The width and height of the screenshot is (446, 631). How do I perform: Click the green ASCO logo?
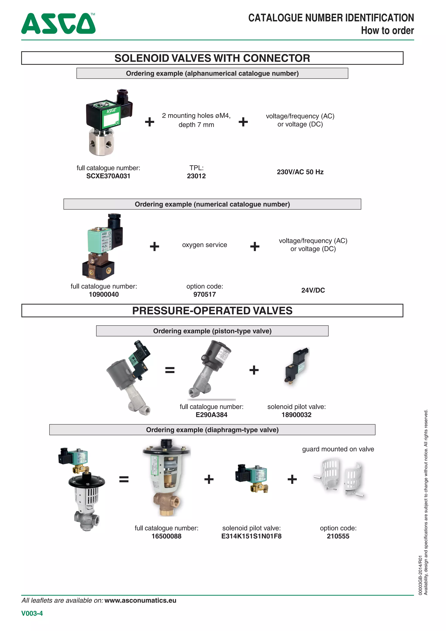[58, 24]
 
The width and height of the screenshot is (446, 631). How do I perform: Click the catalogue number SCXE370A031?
[108, 176]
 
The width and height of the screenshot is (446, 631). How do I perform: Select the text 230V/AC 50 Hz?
[300, 172]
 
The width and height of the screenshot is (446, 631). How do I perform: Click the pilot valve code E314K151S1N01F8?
[251, 536]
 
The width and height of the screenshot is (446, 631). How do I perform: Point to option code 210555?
[338, 536]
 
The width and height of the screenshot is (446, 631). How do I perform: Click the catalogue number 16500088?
[166, 536]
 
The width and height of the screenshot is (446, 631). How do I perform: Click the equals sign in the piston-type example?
[170, 370]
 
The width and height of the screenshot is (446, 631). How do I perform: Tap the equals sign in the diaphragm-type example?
[124, 479]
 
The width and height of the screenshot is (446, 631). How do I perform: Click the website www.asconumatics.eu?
[140, 600]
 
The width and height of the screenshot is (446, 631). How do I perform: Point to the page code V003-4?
[32, 613]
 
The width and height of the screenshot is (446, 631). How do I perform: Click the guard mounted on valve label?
[338, 449]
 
